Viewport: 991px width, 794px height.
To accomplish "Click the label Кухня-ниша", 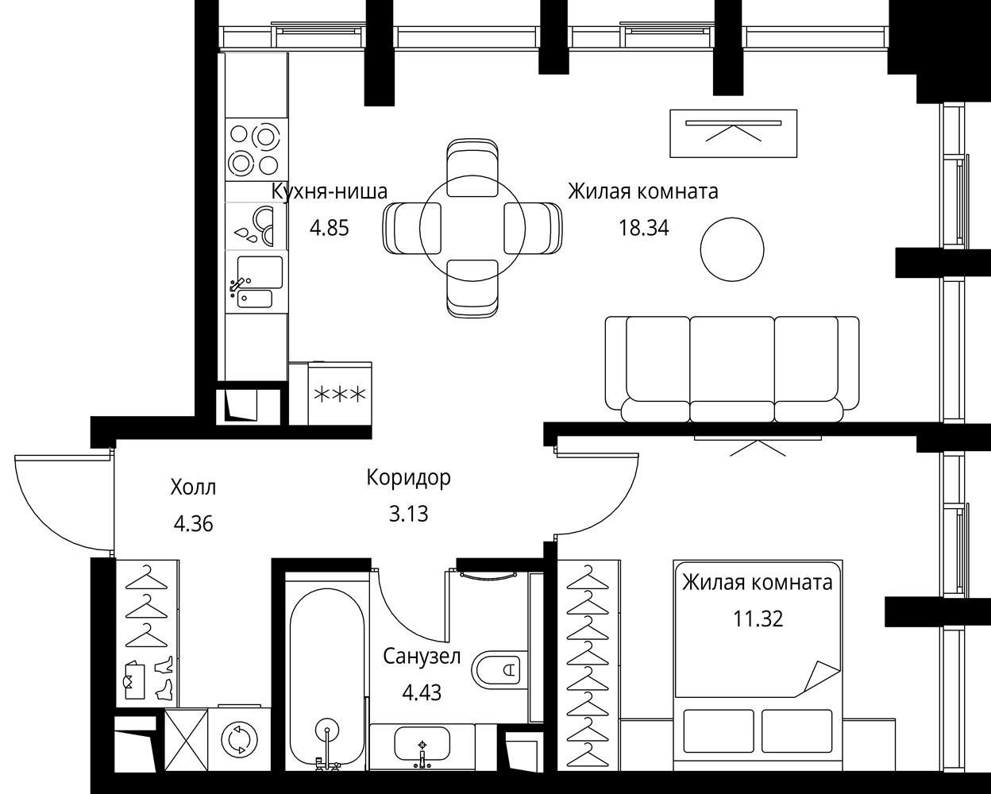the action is pos(330,191).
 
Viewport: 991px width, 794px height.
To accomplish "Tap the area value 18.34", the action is pos(643,228).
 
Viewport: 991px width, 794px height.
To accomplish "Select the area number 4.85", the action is pos(330,228).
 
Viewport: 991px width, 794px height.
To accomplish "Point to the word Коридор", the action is pos(408,478).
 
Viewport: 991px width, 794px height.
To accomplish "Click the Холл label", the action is pos(193,487).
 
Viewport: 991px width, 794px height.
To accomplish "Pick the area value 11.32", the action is pos(758,619).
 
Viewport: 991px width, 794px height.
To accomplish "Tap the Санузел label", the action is pos(422,657).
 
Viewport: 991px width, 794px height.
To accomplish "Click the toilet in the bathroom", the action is pos(500,669).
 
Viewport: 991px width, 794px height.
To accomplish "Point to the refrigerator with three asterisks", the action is pos(339,394).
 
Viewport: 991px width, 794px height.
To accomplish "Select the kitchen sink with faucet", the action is pos(256,281).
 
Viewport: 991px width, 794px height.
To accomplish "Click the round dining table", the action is pos(472,228).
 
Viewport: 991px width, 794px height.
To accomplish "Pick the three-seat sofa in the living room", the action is pos(732,369).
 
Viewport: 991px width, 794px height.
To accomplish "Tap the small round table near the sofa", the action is pos(732,249).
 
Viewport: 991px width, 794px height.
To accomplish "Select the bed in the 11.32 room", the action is pos(758,665).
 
